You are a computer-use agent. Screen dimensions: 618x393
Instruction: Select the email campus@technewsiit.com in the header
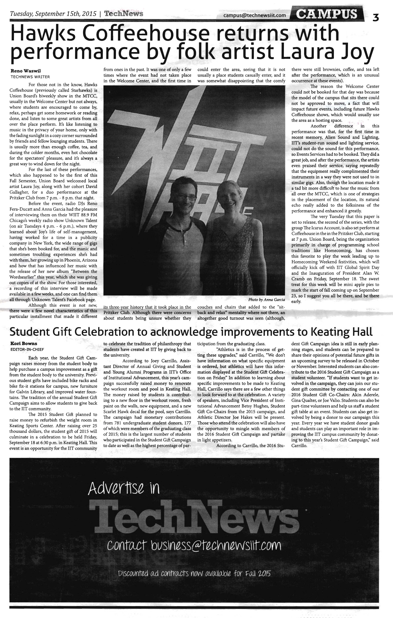tap(255, 15)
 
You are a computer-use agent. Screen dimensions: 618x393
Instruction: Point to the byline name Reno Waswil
tap(26, 71)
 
